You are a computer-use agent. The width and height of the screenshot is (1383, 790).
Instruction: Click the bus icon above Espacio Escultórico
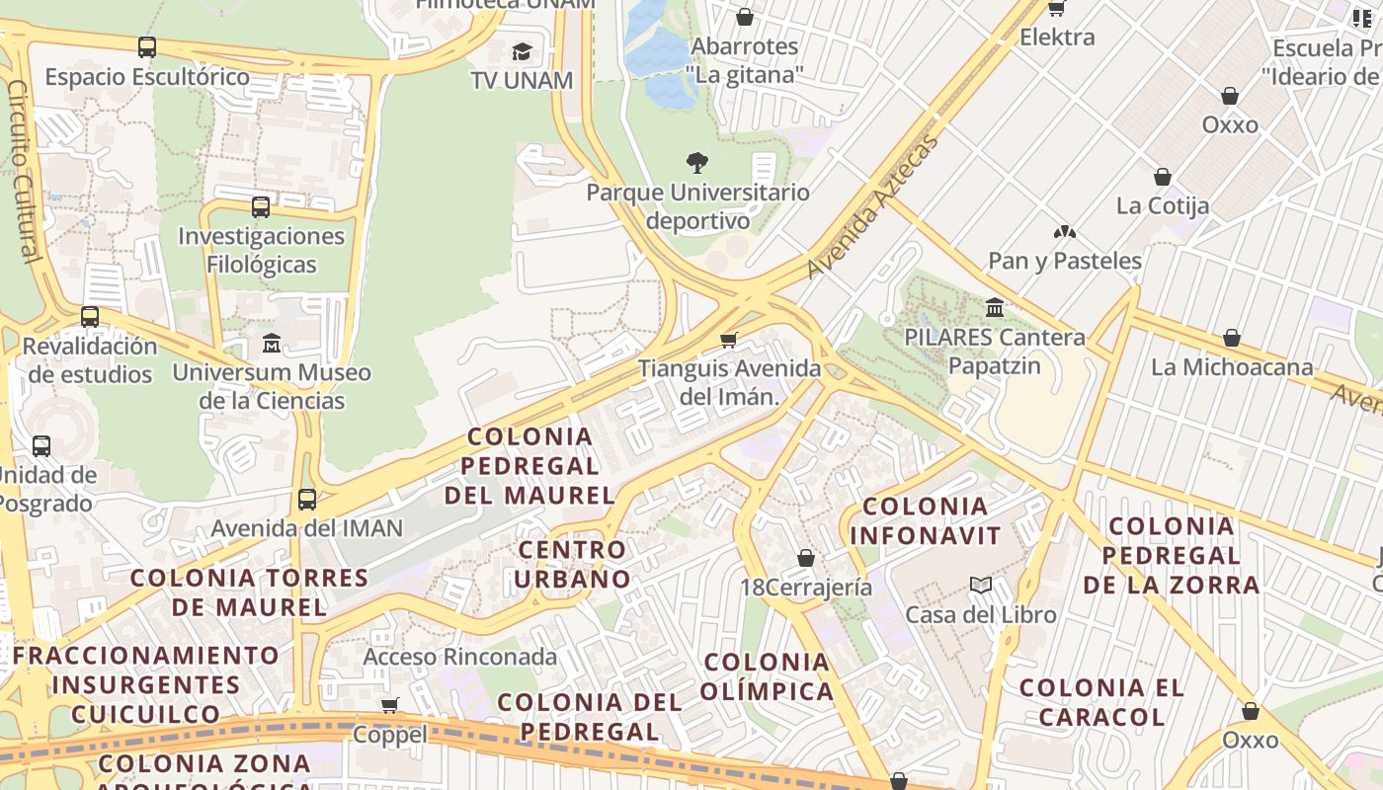point(147,46)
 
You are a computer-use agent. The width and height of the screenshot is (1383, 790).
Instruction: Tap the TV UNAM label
point(522,80)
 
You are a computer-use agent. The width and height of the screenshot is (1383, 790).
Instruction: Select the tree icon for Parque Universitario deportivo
point(697,163)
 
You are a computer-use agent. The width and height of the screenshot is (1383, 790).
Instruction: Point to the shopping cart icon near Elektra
point(1057,8)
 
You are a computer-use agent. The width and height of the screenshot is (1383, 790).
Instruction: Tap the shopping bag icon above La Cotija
point(1163,177)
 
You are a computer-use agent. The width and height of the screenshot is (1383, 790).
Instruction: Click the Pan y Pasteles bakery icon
point(1065,233)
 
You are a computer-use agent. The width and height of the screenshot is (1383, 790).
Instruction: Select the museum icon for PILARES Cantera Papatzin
point(995,308)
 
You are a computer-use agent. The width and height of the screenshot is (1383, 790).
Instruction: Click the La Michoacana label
point(1232,367)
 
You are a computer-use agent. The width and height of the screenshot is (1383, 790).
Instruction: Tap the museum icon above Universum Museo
point(272,344)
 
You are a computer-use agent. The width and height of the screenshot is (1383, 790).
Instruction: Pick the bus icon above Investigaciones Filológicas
point(261,207)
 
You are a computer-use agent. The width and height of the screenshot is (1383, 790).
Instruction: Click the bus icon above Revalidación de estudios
point(90,317)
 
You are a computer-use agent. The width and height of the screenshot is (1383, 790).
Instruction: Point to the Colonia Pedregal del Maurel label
point(529,465)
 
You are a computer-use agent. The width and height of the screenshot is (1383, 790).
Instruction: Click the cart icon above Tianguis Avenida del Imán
point(729,341)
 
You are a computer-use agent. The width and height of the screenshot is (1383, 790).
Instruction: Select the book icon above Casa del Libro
point(981,586)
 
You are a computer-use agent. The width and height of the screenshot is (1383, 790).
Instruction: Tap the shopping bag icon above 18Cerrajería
point(806,558)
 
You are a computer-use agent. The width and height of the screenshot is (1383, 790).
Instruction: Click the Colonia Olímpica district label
point(768,676)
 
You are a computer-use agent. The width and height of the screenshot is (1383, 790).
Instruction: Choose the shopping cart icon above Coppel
point(390,705)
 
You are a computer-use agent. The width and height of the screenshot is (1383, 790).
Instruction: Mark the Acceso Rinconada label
point(459,657)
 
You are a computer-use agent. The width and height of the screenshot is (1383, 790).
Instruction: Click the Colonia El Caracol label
point(1101,702)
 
